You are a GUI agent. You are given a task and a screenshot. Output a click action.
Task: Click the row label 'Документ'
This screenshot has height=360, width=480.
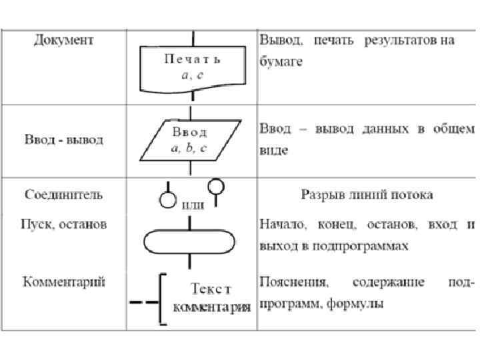(64, 41)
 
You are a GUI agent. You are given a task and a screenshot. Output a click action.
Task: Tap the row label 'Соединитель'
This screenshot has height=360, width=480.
(64, 195)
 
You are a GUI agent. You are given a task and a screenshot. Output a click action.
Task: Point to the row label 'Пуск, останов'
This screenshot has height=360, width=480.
(65, 225)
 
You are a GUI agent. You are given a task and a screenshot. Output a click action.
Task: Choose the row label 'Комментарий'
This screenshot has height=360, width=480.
(65, 282)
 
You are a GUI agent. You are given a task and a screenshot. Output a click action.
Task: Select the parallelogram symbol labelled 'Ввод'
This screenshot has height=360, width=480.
(191, 140)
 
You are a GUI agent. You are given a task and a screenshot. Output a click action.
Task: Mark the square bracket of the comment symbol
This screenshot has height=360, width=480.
(163, 299)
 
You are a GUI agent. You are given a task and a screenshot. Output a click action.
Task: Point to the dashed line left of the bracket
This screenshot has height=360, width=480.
(143, 302)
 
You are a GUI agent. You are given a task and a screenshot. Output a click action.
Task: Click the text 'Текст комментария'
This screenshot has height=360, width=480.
(212, 299)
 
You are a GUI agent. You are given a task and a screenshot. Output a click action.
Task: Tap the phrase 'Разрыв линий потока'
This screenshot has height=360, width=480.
(367, 195)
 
